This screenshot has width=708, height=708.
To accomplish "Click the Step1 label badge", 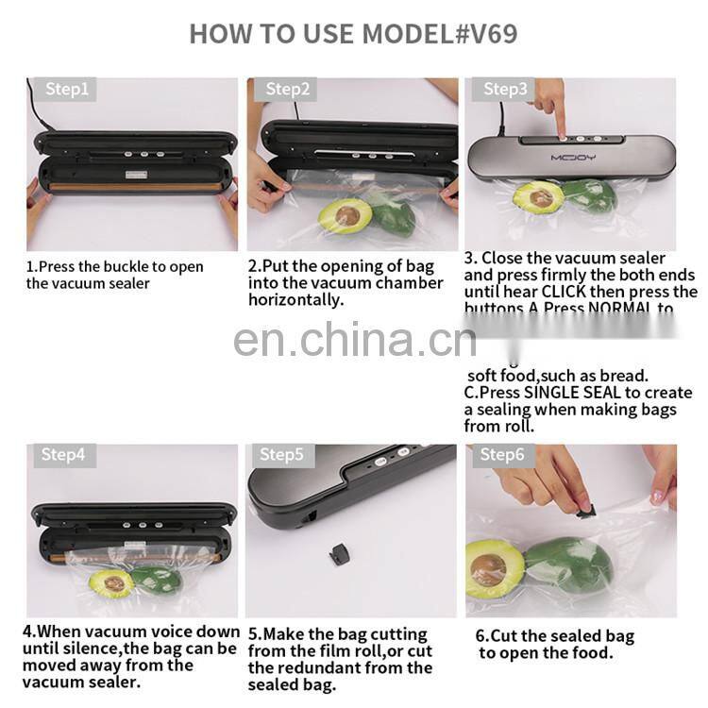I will click(x=66, y=90).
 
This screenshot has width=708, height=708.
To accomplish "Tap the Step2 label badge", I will click(x=287, y=90).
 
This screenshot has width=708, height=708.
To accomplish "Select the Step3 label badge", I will click(x=506, y=90).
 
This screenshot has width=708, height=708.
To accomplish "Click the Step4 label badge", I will click(x=63, y=455).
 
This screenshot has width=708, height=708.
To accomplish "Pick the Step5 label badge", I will click(x=281, y=455).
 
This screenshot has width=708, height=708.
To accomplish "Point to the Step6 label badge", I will click(x=501, y=455).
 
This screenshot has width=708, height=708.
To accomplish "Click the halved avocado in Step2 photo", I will click(x=345, y=215).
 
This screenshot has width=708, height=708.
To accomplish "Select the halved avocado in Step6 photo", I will click(x=494, y=568).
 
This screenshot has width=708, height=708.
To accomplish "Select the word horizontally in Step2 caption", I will click(x=295, y=299).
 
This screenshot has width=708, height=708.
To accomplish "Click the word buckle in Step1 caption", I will click(x=115, y=266).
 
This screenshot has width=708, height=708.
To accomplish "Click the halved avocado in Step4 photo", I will click(x=112, y=583).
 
